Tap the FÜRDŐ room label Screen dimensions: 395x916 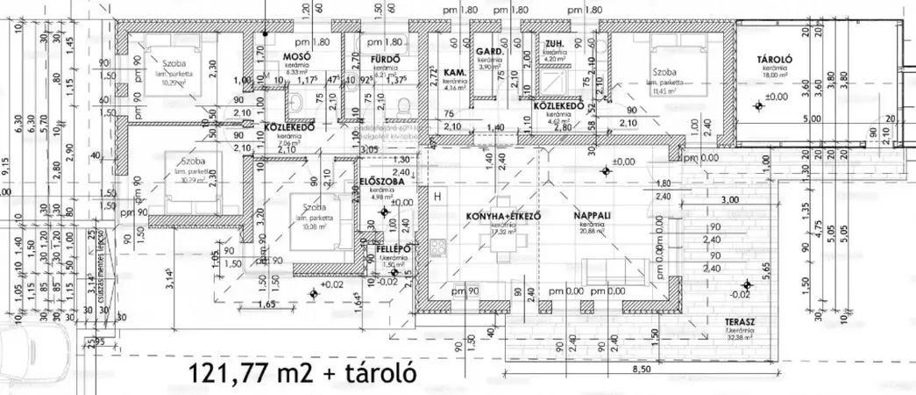point(386,59)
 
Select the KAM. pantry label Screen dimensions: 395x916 point(453,71)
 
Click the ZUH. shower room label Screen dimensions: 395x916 point(553,44)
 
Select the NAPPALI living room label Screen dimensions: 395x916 point(592,216)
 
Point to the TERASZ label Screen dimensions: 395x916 point(741,322)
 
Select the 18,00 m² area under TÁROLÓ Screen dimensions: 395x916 point(777,76)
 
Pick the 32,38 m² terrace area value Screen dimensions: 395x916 point(740,337)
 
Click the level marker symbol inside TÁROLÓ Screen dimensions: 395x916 point(758,105)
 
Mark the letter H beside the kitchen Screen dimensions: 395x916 point(436,197)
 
